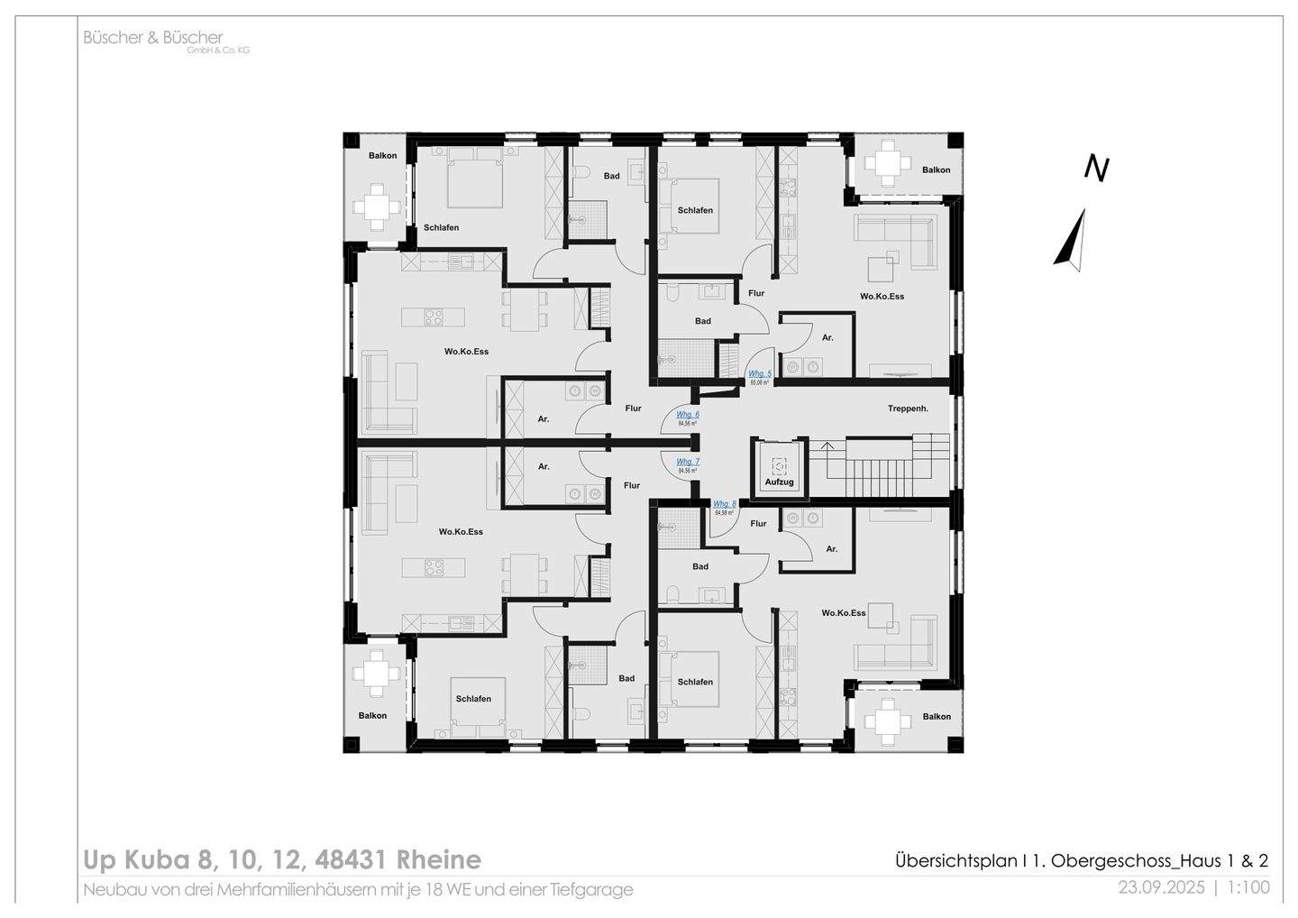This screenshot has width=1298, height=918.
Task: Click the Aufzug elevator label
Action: pos(780,482)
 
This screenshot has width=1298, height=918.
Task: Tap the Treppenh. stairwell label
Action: pos(908,409)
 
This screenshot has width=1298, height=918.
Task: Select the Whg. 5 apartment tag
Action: pos(760,373)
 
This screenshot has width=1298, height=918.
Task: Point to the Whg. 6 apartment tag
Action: pos(688,415)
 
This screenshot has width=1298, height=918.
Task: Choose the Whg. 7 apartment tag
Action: pos(688,462)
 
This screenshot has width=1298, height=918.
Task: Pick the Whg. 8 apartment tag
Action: pos(725,504)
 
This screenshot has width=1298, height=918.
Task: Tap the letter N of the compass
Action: pos(1095,169)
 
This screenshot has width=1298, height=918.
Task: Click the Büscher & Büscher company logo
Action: pos(153,39)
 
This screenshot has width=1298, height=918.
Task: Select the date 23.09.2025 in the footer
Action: pos(1161,887)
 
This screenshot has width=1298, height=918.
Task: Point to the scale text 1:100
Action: pos(1248,887)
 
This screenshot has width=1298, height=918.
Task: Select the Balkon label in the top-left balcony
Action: pos(382,155)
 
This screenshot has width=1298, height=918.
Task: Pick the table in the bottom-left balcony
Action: pos(376,674)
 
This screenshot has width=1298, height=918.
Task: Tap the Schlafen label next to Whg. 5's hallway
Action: pos(695,210)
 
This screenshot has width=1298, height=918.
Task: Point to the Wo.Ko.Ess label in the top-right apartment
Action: pos(882,296)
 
